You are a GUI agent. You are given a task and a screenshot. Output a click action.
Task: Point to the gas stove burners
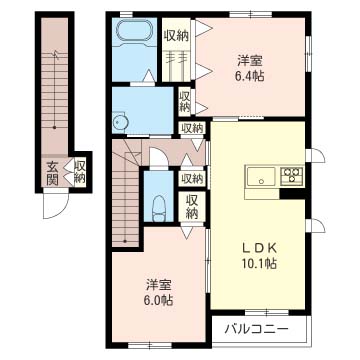pyautogui.click(x=293, y=178)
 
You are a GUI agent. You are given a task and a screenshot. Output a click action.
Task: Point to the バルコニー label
pyautogui.click(x=256, y=328)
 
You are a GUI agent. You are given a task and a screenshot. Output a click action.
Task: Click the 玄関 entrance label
pyautogui.click(x=50, y=173)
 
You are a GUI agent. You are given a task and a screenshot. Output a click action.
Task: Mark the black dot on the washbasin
pyautogui.click(x=116, y=122)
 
